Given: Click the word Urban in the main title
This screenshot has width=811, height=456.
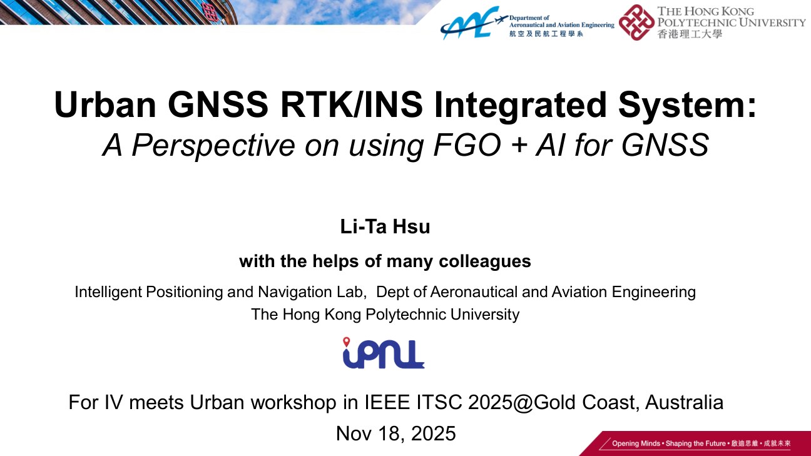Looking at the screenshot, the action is pos(105,104).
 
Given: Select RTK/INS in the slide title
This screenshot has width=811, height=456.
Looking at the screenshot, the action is pos(352,104).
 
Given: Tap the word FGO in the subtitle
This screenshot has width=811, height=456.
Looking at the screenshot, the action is pos(467,145).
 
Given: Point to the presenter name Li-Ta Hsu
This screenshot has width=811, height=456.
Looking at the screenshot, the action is pos(385,227).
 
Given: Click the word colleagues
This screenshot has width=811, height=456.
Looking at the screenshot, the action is pos(485,261).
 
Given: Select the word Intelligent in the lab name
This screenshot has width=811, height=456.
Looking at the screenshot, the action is pos(108,292).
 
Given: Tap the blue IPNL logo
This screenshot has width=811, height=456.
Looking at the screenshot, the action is pos(384,353).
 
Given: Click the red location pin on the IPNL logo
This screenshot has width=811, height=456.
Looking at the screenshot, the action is pos(347,342).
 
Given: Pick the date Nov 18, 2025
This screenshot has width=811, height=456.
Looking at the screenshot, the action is pos(395,433).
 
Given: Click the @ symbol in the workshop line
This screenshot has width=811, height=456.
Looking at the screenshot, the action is pos(523,402).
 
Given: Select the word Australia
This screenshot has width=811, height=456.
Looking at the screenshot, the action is pos(685,402).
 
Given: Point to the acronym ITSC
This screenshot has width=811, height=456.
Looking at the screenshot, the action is pos(439,402).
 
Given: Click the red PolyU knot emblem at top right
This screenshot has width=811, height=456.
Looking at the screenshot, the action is pos(636,22).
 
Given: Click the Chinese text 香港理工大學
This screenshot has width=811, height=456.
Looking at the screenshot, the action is pos(690,34).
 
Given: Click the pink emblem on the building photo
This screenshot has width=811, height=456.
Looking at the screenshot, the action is pos(209,12).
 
